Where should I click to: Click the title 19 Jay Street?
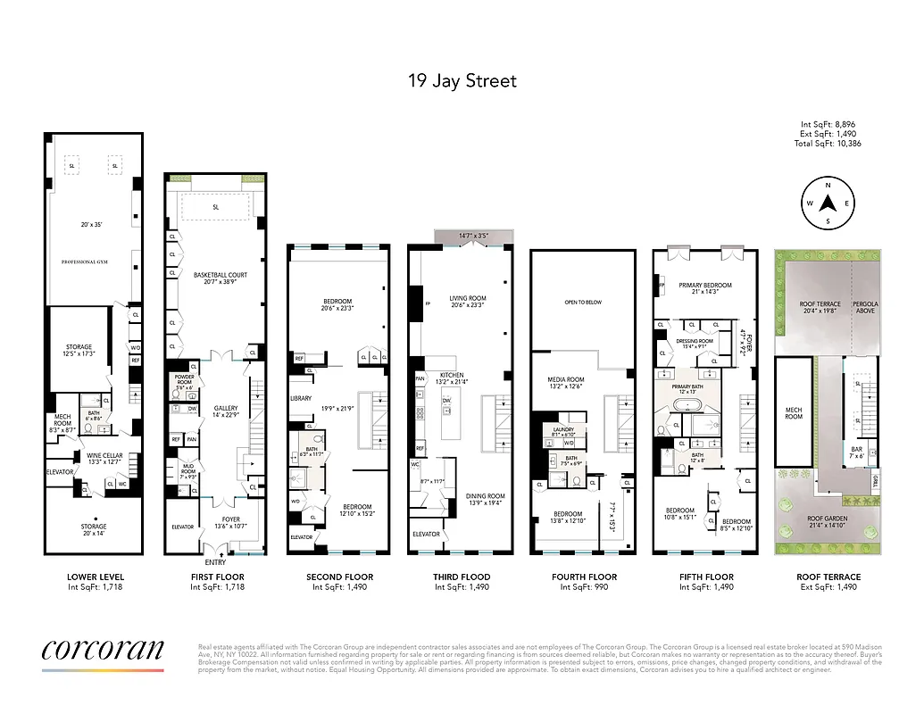coord(462,81)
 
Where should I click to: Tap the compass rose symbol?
coord(828,203)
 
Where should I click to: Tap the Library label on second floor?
coord(302,398)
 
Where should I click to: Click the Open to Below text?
coord(583,303)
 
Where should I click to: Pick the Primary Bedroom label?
coord(705,286)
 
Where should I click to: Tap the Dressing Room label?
coord(694,340)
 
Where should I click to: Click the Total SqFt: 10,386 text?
coord(829,144)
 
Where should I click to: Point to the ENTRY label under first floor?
coord(214,562)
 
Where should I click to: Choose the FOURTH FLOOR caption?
coord(584,577)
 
